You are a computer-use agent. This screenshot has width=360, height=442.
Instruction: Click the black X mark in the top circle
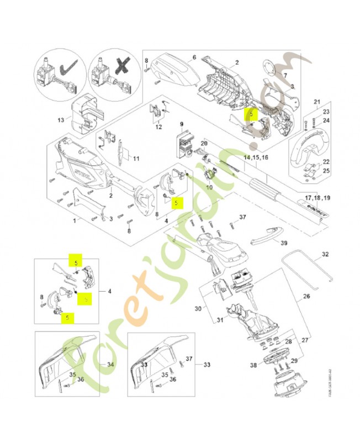(x=120, y=71)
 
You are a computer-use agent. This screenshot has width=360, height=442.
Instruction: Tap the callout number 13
(x=61, y=119)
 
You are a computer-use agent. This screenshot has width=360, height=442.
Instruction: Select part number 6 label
(x=194, y=57)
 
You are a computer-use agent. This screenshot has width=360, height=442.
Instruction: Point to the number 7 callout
(x=285, y=75)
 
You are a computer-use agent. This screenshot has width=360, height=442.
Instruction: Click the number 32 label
(x=325, y=255)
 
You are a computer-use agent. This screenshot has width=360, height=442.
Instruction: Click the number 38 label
(x=253, y=365)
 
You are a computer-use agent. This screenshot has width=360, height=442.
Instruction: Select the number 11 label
(x=135, y=159)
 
